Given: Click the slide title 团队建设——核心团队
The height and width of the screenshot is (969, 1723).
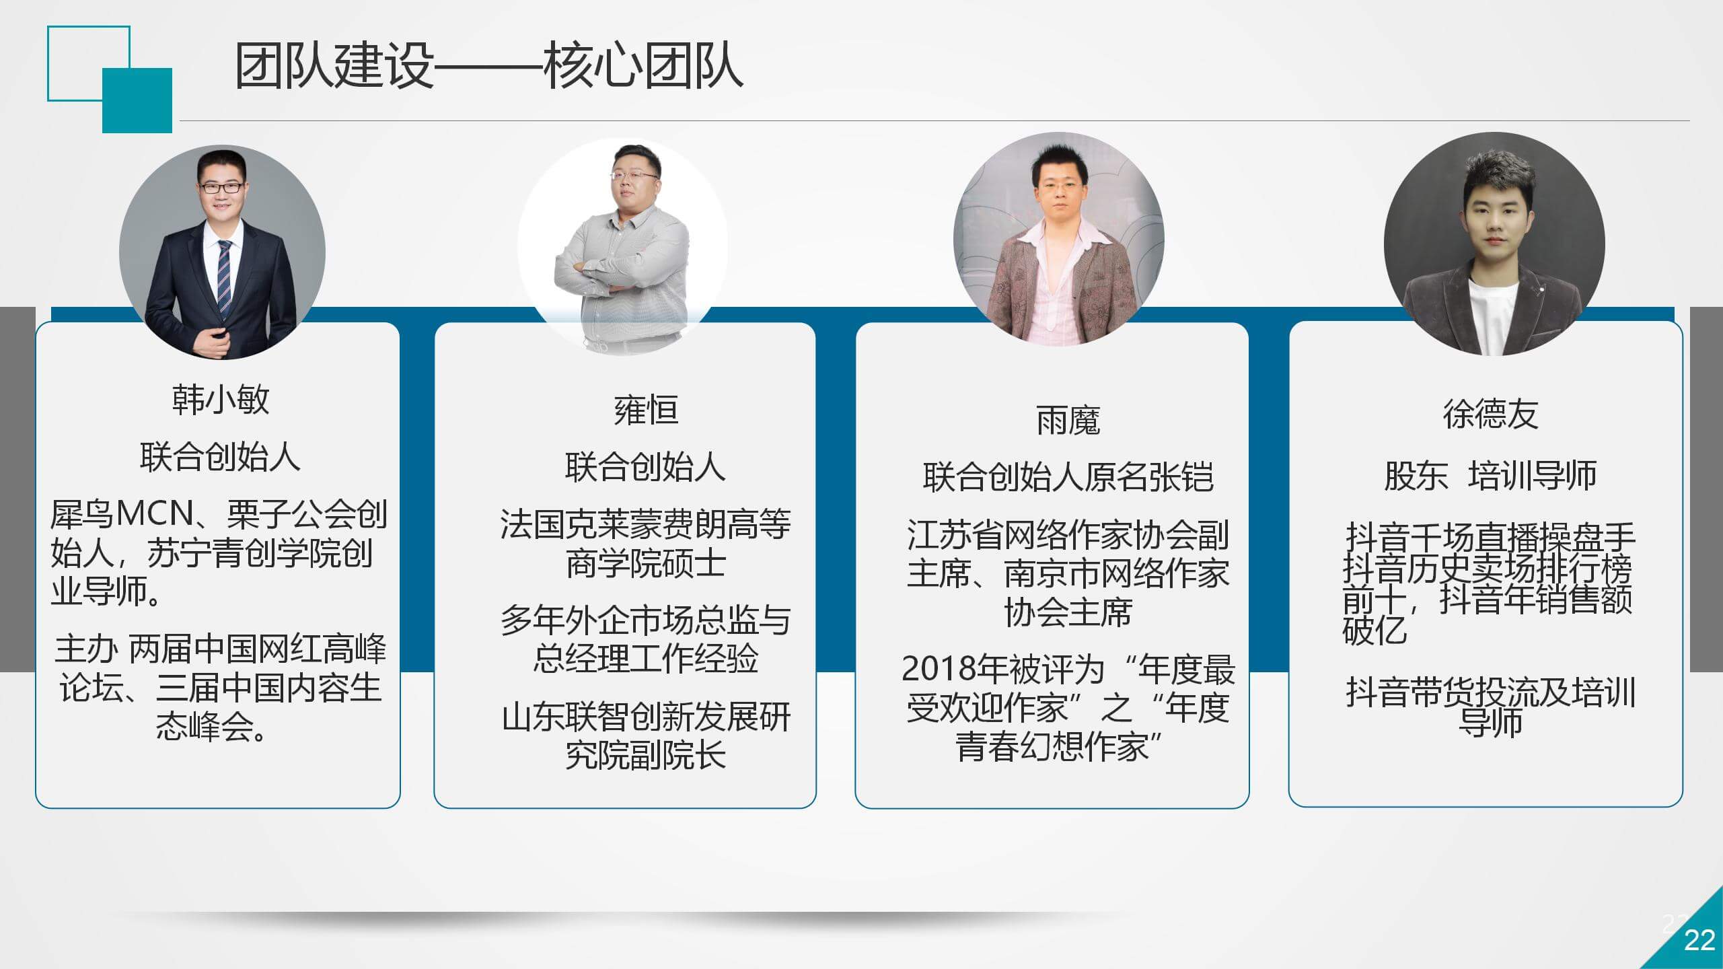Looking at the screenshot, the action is [488, 66].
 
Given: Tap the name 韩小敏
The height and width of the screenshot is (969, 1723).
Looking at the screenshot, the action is [221, 399].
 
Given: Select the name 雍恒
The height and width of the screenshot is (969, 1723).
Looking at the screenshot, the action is [646, 410].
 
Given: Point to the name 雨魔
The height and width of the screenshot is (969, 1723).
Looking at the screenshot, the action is [1068, 421].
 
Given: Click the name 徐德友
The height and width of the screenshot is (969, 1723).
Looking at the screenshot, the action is [1490, 414].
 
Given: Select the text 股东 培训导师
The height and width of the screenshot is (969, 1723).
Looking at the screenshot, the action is [1490, 476].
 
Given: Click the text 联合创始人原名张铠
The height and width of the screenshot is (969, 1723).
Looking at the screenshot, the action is [1068, 477].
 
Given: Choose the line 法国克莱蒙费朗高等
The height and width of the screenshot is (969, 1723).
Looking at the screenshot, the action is [646, 524].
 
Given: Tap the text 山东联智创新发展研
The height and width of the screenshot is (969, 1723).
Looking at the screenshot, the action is [646, 717].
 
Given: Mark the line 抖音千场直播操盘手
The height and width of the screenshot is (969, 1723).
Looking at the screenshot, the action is [1490, 538].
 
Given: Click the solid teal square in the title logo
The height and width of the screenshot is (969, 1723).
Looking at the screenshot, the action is [137, 101].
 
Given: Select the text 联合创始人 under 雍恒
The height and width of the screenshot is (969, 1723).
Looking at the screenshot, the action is [646, 467].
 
